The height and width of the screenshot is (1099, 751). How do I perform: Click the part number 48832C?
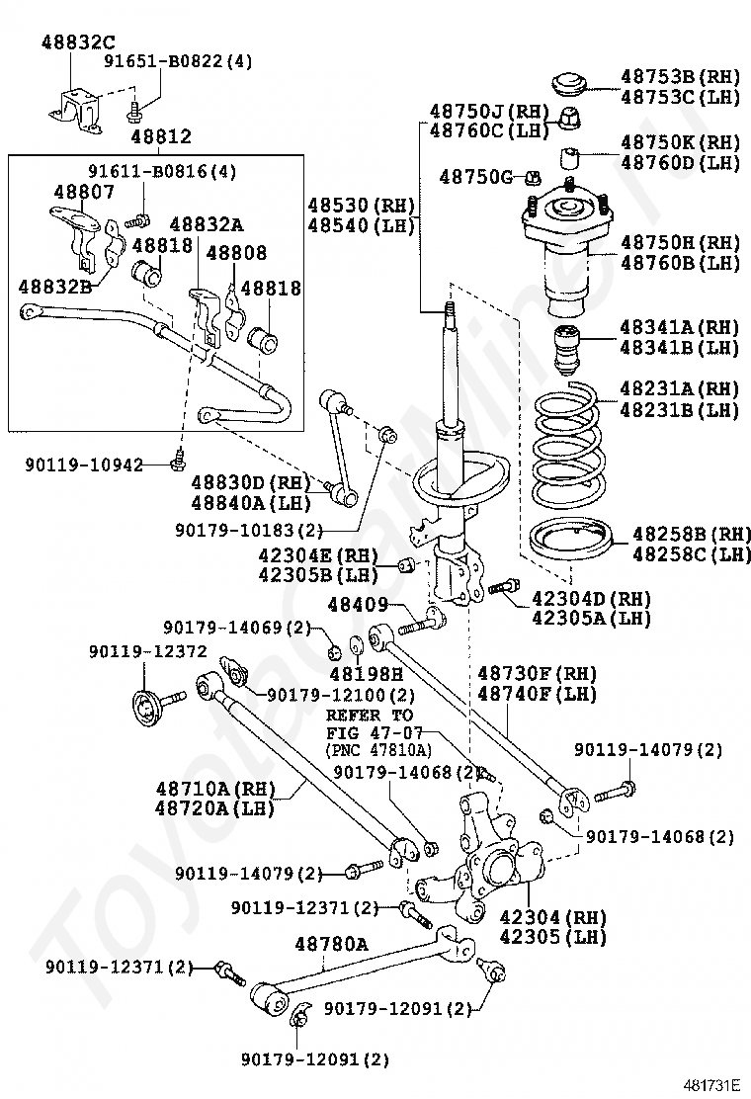click(78, 42)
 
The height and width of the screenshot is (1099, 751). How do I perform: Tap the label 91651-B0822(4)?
click(179, 61)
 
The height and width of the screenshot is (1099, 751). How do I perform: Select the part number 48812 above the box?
click(161, 136)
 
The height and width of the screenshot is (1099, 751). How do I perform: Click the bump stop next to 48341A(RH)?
click(567, 348)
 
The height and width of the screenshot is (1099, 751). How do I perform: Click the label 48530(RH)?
click(362, 206)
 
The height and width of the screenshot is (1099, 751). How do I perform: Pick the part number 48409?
click(358, 604)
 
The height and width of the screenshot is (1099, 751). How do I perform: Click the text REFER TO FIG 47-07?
click(375, 724)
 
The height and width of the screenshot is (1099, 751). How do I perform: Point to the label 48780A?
click(331, 944)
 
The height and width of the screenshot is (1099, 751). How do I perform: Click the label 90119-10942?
click(84, 465)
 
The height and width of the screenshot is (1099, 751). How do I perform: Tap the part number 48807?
click(85, 192)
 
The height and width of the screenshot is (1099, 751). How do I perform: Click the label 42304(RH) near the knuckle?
click(552, 917)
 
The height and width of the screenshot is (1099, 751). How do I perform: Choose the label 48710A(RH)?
click(215, 789)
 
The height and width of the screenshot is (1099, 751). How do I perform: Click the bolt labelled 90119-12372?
click(157, 709)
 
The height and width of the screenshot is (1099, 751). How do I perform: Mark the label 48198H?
click(367, 674)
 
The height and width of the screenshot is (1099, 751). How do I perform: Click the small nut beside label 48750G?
click(532, 177)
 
